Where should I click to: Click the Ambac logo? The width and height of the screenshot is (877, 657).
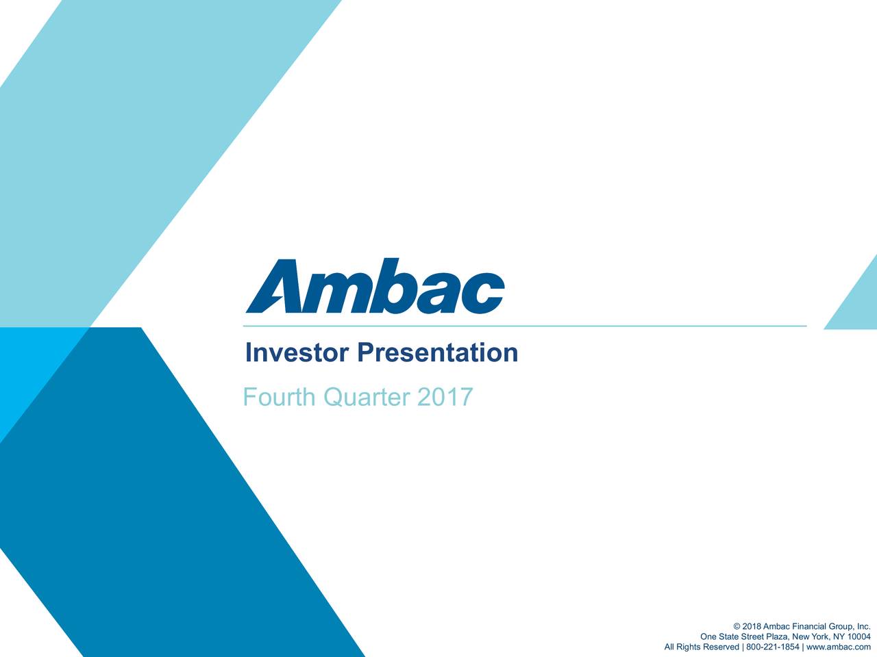point(375,286)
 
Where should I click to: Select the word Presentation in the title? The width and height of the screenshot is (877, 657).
point(437,353)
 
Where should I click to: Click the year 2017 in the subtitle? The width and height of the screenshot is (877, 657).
point(445,397)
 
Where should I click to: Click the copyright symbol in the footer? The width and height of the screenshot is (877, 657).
point(737,628)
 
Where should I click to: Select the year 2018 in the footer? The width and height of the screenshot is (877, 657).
point(751,628)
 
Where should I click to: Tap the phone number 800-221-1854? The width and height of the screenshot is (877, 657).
point(772,647)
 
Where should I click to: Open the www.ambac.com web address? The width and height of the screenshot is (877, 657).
point(839,647)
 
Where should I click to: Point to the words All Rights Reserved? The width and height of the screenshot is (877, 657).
point(702,647)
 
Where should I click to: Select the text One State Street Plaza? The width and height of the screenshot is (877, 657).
point(743,638)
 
